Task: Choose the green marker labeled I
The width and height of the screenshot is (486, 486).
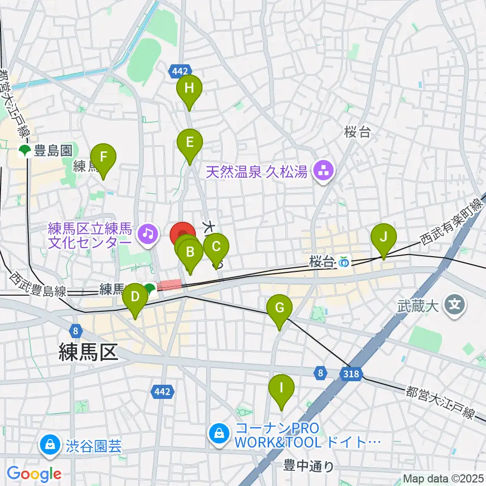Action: pos(281,390)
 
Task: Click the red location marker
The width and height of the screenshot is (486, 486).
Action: pos(182,234)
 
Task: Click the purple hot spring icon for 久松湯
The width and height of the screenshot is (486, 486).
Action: pos(322,172)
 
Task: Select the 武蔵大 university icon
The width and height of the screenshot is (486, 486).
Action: pos(454,305)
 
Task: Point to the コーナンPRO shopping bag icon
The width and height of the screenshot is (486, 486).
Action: pos(219,433)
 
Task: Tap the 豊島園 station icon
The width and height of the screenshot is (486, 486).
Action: pos(24,150)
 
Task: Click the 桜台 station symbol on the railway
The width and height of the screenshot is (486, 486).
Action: pos(344,262)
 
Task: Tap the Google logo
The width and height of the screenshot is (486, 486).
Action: pos(34,474)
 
